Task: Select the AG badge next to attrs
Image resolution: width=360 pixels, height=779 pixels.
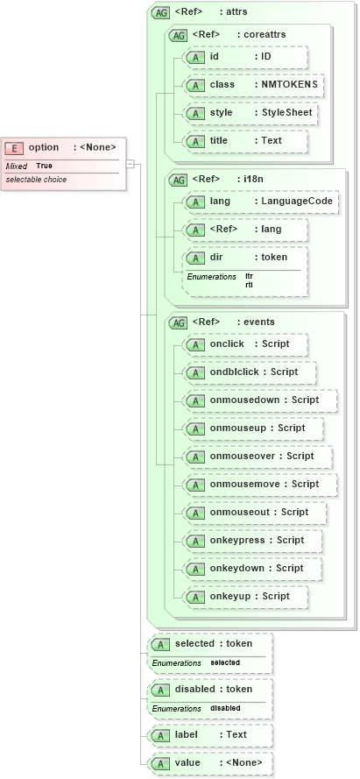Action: click(160, 13)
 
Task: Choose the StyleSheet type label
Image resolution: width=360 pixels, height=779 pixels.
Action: click(286, 113)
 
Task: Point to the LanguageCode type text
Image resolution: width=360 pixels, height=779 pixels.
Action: click(295, 202)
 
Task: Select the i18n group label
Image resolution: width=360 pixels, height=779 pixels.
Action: click(251, 180)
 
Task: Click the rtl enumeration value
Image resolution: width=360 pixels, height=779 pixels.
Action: click(249, 285)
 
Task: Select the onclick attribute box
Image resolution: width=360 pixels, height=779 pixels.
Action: click(246, 344)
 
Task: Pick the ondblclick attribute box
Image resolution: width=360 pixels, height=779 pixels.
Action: click(250, 372)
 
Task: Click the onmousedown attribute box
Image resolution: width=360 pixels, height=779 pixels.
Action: click(260, 400)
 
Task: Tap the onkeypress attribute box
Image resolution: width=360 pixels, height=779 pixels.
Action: click(253, 541)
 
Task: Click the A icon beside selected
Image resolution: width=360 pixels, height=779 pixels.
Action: click(159, 645)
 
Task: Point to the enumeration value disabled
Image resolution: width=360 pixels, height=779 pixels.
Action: click(225, 708)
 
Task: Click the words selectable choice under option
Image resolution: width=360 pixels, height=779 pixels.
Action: click(36, 180)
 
